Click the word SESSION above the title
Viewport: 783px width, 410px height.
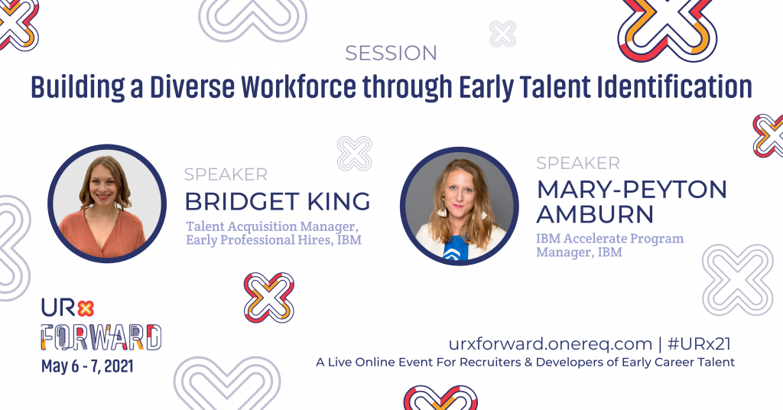click(391, 54)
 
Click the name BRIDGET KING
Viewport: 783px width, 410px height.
click(278, 202)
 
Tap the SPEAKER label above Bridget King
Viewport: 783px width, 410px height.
click(226, 174)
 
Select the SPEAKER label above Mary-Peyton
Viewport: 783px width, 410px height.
click(577, 163)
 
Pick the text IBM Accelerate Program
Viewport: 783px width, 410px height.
click(609, 238)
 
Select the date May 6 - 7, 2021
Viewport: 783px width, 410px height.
click(88, 366)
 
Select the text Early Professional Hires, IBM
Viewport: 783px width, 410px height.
click(274, 241)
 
